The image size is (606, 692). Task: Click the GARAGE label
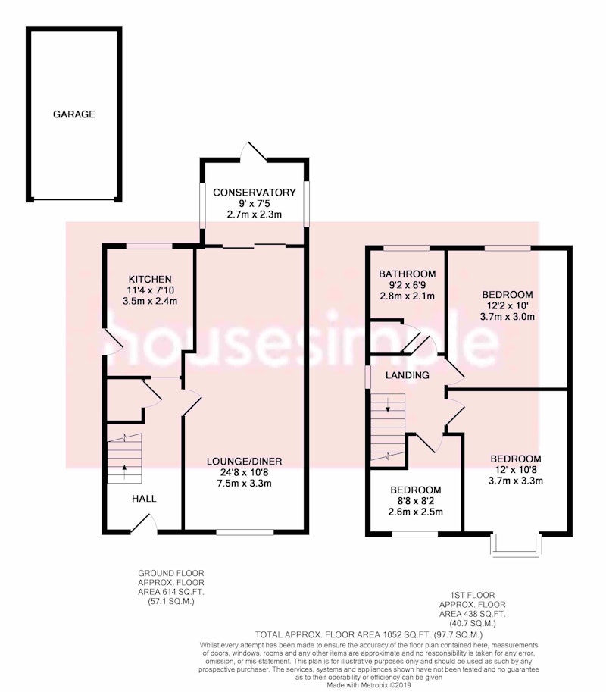coord(73,114)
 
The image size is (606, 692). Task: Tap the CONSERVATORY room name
coord(254,193)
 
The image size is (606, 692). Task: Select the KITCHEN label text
coord(150,280)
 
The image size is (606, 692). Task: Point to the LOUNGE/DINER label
coord(245,461)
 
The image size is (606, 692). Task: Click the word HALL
coord(144,499)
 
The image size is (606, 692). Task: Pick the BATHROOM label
coord(408,274)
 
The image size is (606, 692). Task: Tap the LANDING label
coord(407,375)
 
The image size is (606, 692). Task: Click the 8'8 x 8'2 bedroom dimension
coord(415,501)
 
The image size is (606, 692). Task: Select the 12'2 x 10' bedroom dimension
coord(508,305)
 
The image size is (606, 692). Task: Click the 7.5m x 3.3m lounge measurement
coord(245,484)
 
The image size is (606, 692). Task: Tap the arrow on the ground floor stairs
coord(124,471)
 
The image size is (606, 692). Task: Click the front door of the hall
coord(144,524)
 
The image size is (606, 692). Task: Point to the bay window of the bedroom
coord(516,545)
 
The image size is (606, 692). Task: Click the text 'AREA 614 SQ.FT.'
coord(171,592)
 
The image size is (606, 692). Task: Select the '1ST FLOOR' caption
coord(473,595)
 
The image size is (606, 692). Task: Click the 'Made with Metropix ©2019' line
coord(369,685)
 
